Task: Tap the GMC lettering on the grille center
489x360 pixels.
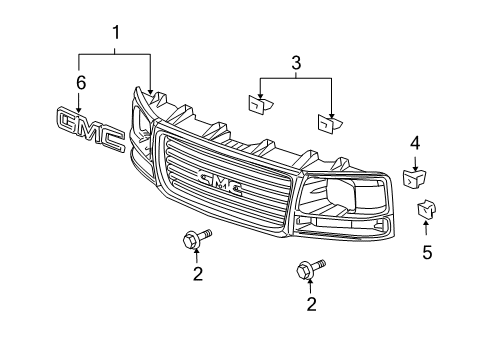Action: [225, 180]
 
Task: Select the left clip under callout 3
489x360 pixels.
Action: [259, 104]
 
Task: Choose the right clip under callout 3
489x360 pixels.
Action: [328, 122]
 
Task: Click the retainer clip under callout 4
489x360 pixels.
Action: [413, 178]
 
